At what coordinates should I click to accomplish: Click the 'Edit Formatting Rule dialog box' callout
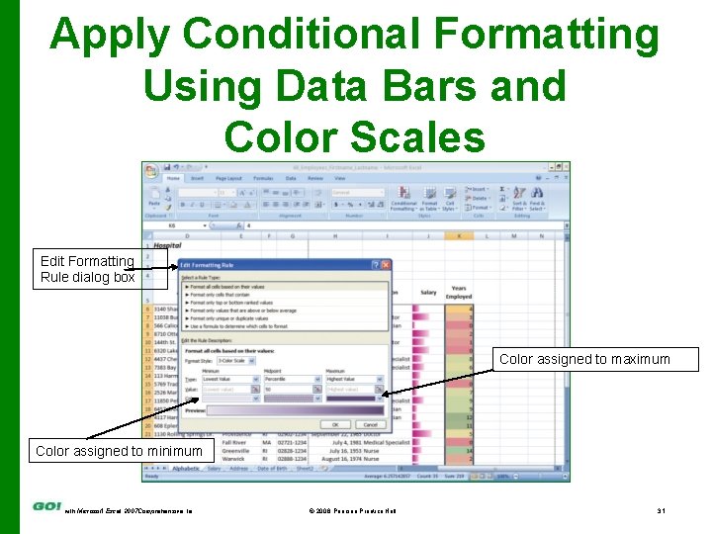click(88, 269)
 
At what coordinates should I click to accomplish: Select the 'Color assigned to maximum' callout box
click(584, 359)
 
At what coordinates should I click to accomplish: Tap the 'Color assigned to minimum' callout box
click(119, 451)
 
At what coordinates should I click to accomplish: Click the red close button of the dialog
click(385, 265)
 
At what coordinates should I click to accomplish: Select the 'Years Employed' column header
click(458, 293)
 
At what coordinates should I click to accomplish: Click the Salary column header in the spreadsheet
click(427, 293)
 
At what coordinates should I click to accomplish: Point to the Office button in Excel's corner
click(152, 172)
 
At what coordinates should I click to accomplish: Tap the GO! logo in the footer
click(46, 506)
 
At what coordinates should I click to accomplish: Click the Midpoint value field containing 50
click(287, 390)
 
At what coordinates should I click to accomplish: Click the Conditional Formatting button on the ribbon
click(402, 200)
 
